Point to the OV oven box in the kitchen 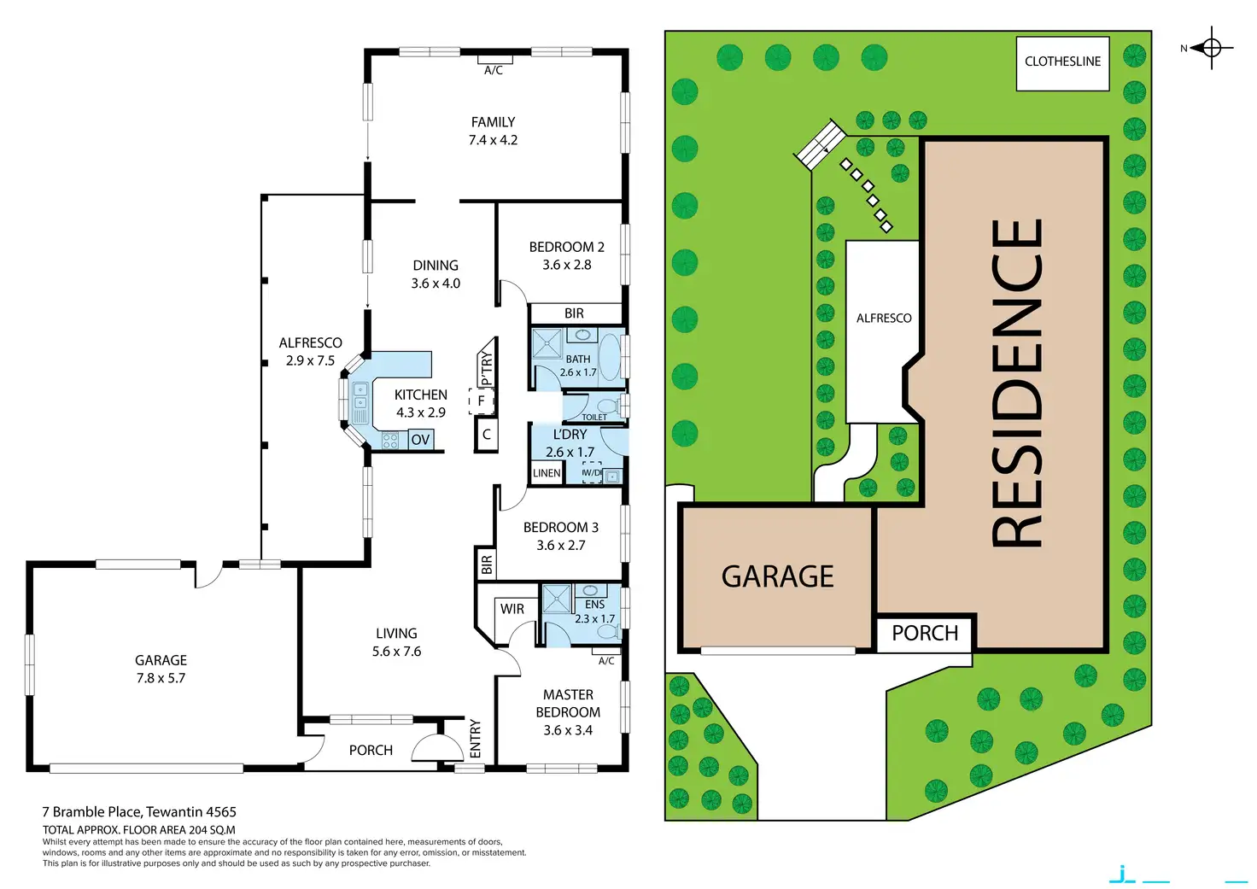(420, 440)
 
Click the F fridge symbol (482, 401)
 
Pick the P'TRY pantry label (487, 366)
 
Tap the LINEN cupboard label (547, 473)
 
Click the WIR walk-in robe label (512, 609)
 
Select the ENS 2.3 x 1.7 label (594, 611)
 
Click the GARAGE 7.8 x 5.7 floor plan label (161, 669)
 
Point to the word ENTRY (476, 739)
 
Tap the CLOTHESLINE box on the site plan (1062, 62)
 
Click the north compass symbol (1211, 48)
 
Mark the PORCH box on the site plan (925, 634)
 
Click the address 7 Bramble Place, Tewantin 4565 (139, 812)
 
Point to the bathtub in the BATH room (609, 357)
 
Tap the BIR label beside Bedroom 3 (487, 564)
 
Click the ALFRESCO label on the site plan (884, 319)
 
